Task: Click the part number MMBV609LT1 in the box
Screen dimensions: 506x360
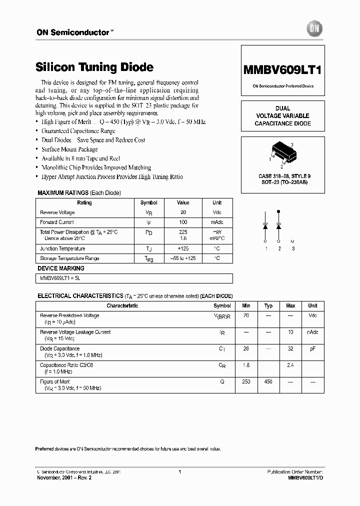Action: click(x=282, y=70)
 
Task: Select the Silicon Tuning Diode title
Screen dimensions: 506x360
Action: click(x=94, y=67)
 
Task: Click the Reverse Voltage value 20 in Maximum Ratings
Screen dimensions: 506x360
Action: click(x=183, y=212)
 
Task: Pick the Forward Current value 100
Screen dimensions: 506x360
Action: click(x=183, y=222)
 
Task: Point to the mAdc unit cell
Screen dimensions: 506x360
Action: click(x=217, y=222)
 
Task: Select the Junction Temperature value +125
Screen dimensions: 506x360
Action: click(x=183, y=248)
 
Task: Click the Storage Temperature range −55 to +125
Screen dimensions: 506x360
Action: click(x=183, y=258)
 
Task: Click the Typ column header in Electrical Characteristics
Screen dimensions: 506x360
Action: click(x=268, y=305)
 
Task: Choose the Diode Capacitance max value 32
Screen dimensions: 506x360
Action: click(x=290, y=348)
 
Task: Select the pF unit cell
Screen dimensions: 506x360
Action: click(x=313, y=348)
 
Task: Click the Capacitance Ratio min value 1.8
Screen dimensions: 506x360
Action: click(x=246, y=365)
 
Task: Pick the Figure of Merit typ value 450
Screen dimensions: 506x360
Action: click(x=268, y=381)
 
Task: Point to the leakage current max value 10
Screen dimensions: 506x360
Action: click(x=290, y=332)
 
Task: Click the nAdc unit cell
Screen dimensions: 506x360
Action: click(x=313, y=332)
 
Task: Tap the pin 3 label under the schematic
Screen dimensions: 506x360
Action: click(x=293, y=248)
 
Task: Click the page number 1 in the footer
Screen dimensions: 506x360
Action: click(x=179, y=471)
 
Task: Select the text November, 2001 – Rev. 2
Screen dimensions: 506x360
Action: click(x=64, y=477)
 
